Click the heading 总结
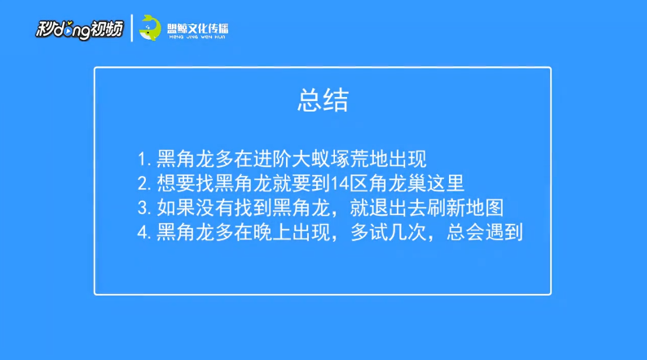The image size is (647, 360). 323,100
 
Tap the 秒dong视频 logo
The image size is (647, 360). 80,29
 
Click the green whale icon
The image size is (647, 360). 150,28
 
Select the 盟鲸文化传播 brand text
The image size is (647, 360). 198,29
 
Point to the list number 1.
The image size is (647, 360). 143,159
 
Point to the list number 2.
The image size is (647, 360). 143,183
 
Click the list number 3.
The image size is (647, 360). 143,208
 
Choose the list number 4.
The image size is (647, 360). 143,233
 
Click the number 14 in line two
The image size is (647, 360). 340,183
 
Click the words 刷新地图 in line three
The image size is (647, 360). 465,208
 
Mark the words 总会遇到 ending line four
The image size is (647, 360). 485,232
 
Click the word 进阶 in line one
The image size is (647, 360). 273,159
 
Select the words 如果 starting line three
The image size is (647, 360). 176,208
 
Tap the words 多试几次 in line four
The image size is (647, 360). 389,232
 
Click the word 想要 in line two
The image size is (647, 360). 176,183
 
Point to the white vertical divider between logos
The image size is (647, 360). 132,28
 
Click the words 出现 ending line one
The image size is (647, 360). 407,159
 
